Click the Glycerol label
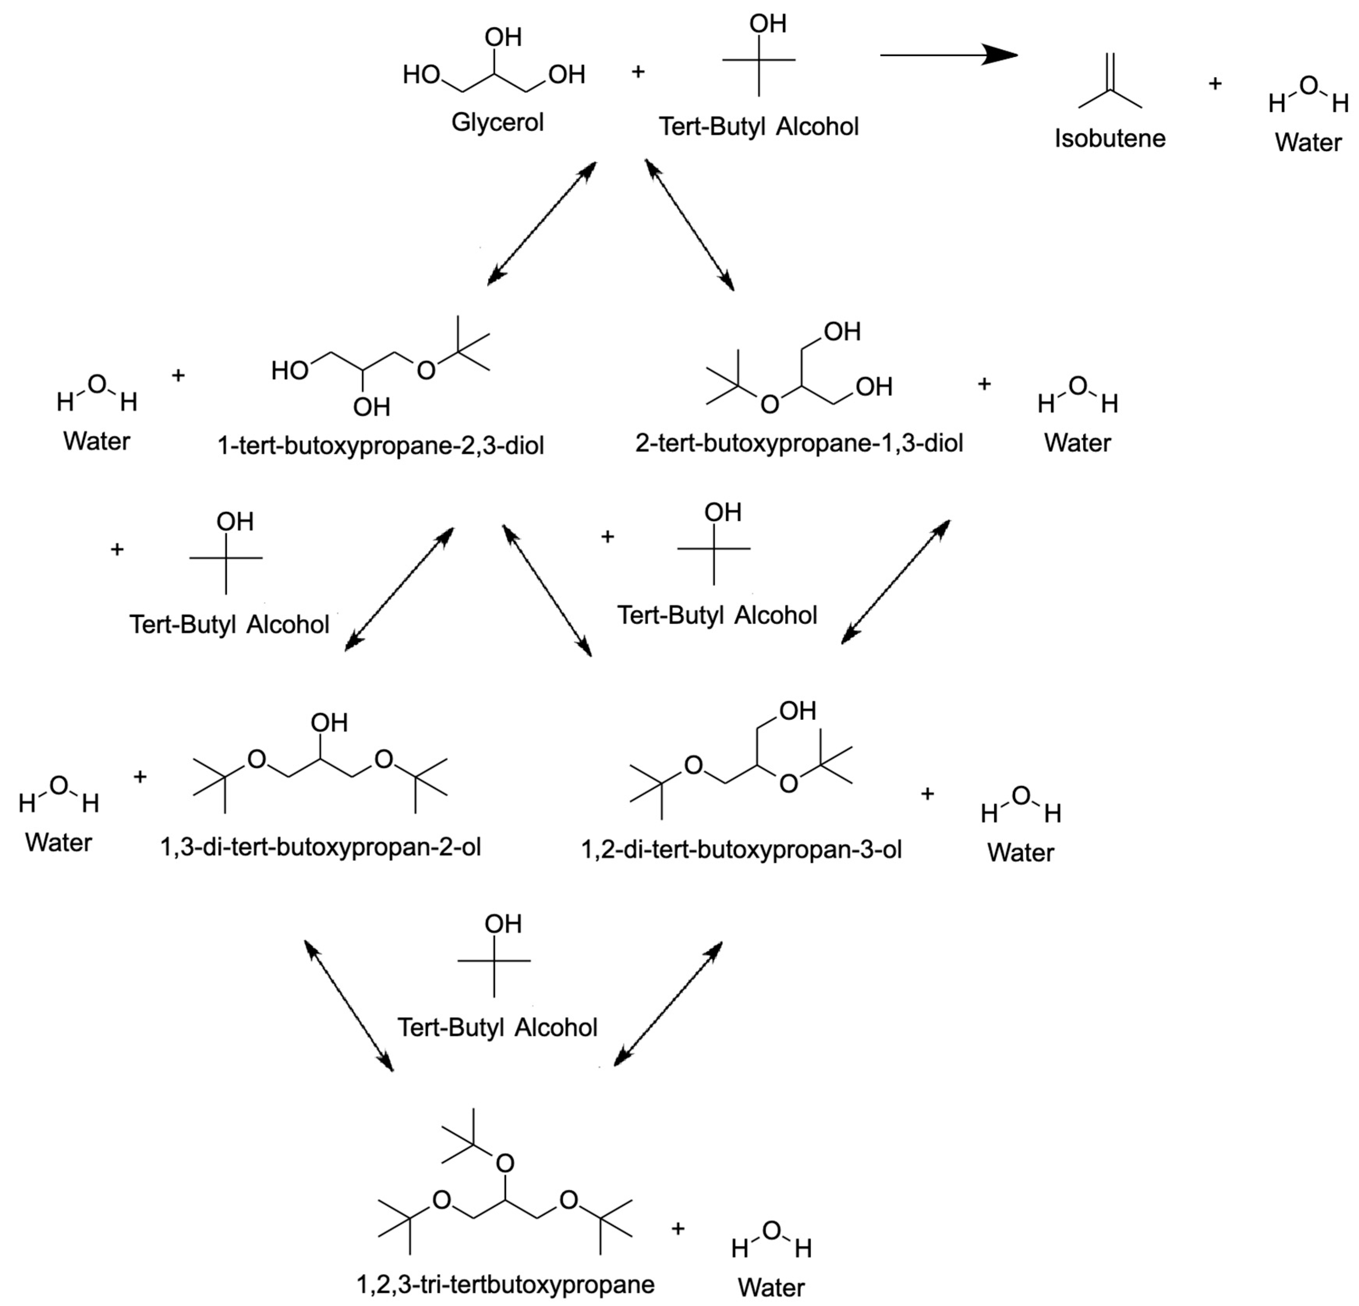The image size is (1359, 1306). click(x=497, y=123)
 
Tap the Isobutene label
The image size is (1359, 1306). click(x=1110, y=139)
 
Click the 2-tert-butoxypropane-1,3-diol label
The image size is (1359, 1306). click(x=799, y=443)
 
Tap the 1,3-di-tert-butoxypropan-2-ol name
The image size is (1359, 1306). click(x=320, y=847)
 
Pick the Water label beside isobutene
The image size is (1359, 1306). click(x=1308, y=143)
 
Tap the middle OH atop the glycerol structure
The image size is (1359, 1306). click(x=503, y=37)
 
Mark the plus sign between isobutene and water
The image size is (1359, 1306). click(x=1215, y=84)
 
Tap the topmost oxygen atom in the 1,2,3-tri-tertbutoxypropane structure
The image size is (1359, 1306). click(x=505, y=1163)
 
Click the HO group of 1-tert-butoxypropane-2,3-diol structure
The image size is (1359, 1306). click(x=289, y=371)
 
